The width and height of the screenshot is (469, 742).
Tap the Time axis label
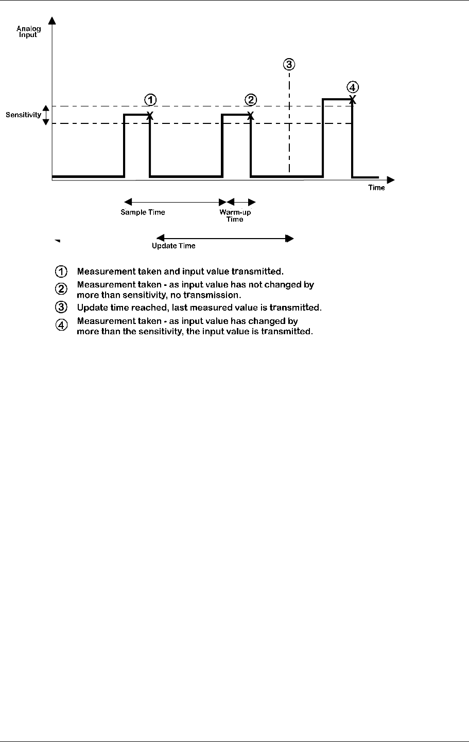point(376,188)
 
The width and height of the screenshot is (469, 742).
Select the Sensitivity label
point(23,115)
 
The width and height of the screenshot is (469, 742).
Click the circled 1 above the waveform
point(150,99)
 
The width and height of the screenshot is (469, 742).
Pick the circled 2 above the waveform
point(250,99)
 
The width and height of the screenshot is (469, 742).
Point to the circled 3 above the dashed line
point(289,64)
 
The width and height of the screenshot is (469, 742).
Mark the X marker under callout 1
point(150,115)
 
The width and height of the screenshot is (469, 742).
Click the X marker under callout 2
point(250,115)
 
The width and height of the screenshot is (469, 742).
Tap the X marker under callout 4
point(352,98)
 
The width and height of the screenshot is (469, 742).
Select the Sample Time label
point(143,212)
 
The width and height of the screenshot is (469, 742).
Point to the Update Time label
point(173,246)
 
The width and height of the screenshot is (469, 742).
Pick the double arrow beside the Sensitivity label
point(46,115)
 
